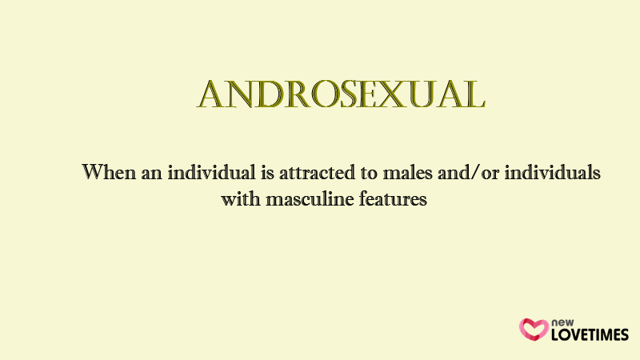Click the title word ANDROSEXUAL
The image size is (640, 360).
[341, 94]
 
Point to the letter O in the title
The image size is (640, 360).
[326, 94]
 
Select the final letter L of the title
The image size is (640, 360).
[474, 94]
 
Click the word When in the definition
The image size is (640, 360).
[109, 172]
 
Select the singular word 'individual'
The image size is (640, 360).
[211, 172]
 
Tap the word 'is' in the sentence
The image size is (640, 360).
[268, 173]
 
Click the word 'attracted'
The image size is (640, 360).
[317, 172]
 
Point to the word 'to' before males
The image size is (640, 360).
[369, 173]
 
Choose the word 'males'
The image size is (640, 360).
[407, 172]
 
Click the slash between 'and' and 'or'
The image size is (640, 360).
[475, 173]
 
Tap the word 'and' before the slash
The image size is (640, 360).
[454, 172]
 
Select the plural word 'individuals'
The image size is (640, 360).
[552, 172]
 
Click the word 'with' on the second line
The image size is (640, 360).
[241, 198]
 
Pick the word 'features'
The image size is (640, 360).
[393, 198]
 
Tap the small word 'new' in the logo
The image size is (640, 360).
[562, 323]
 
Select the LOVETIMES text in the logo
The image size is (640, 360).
[590, 334]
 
